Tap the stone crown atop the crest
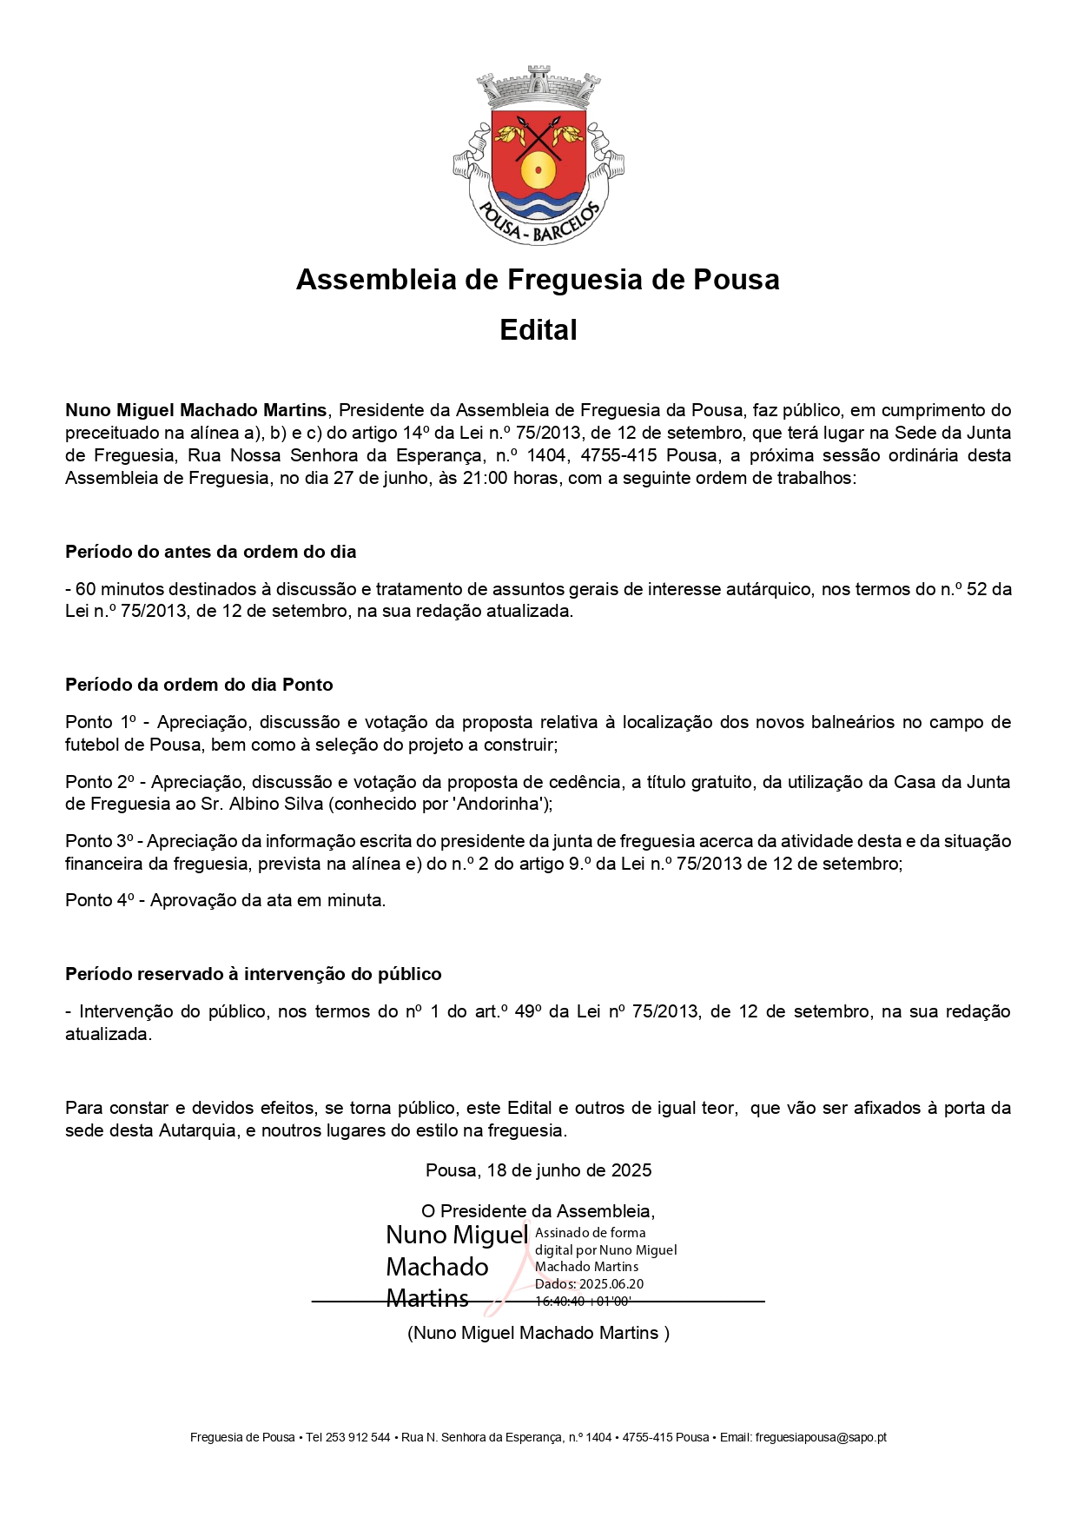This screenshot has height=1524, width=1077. [x=538, y=88]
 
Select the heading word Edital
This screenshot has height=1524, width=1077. [x=538, y=330]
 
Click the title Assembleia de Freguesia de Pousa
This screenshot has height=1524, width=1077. [x=538, y=280]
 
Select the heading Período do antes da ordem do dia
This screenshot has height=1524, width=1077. [x=211, y=552]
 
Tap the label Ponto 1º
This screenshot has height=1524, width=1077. [x=102, y=722]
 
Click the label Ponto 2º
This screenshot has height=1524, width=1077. [x=100, y=782]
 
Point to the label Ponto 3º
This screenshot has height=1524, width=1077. [x=100, y=841]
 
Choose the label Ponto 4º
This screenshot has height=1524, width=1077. [x=100, y=900]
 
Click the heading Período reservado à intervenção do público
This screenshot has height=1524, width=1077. [x=254, y=974]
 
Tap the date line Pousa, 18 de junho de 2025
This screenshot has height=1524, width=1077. [x=538, y=1170]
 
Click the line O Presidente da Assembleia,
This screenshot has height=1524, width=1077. [x=538, y=1211]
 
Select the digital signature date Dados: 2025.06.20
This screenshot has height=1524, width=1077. [x=590, y=1284]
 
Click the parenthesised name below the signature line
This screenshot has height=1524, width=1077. [x=538, y=1333]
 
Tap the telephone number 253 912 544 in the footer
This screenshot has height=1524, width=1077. [x=358, y=1438]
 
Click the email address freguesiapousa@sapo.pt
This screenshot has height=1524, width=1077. [x=821, y=1438]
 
